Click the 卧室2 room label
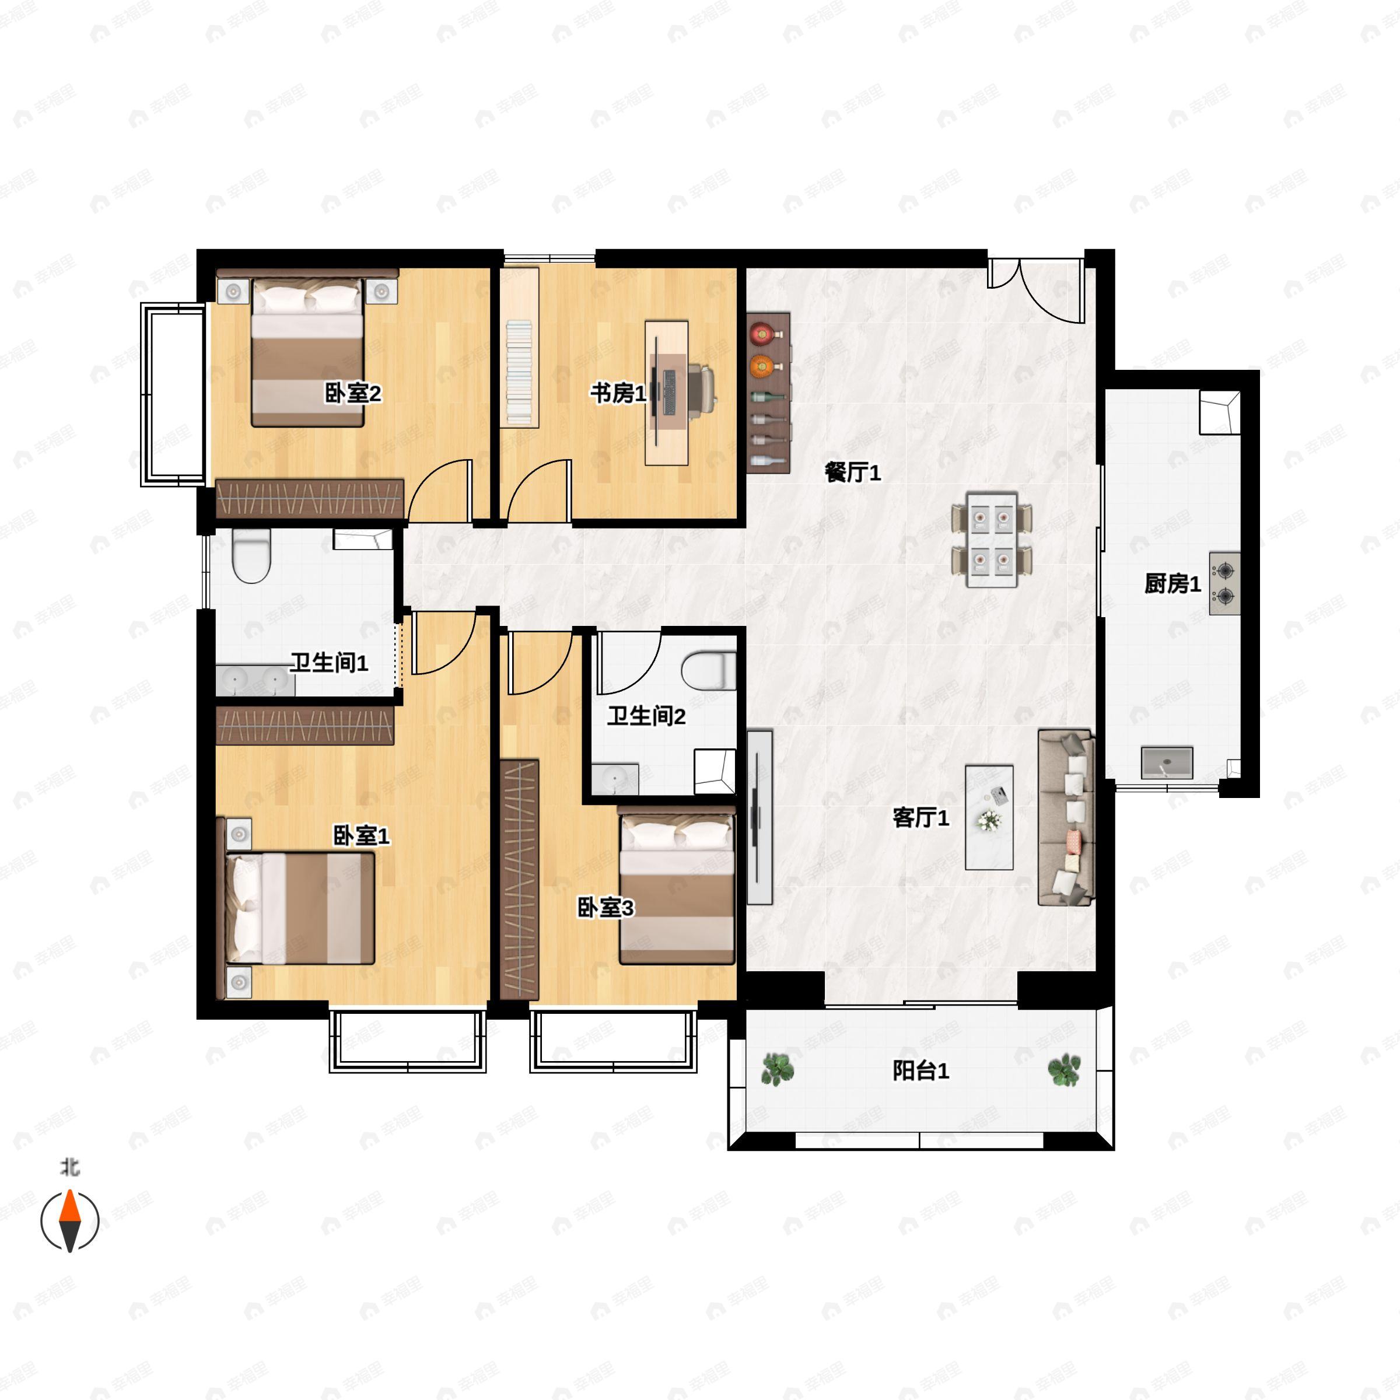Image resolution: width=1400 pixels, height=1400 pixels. coord(352,394)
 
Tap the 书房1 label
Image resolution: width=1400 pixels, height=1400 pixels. coord(617,394)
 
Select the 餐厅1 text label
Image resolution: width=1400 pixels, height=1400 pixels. coord(852,473)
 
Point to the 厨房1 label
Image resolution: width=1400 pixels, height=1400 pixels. coord(1172,583)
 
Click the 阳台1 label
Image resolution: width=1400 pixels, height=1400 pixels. coord(921,1070)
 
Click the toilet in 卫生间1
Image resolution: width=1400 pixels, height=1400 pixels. coord(251,556)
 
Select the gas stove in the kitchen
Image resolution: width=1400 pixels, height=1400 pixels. coord(1224,583)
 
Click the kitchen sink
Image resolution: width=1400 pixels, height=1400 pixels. coord(1167,763)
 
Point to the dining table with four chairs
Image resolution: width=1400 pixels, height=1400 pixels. coord(991,539)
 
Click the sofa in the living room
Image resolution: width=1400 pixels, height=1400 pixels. coord(1065,817)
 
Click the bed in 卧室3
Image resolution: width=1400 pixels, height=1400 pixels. coord(676,889)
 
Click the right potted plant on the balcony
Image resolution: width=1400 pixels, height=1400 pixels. coord(1064,1070)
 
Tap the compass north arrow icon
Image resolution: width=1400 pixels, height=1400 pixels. coord(69,1221)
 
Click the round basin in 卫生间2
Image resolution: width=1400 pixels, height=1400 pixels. coord(614,779)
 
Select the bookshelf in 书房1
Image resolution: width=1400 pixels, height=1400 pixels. coord(519,348)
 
